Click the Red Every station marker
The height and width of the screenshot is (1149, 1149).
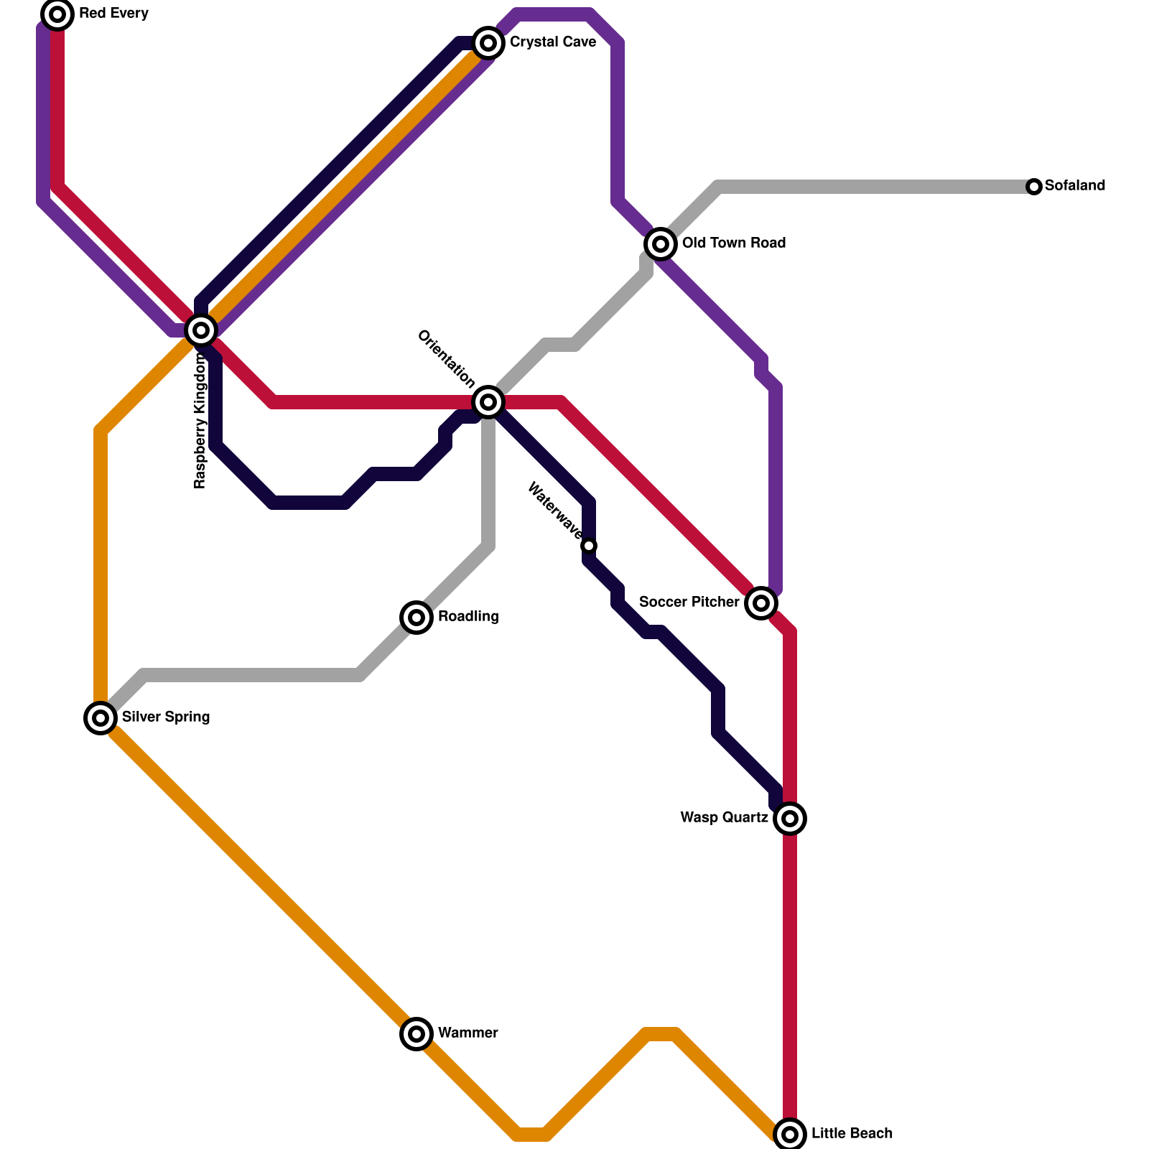[57, 14]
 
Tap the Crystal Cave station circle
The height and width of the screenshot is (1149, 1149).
[488, 43]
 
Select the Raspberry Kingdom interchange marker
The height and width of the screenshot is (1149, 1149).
[201, 330]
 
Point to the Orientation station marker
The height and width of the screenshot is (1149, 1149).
[488, 402]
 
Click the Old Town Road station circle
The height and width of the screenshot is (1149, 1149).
[661, 244]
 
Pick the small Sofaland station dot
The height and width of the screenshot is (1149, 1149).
[1034, 187]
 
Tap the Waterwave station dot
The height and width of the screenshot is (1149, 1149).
[589, 546]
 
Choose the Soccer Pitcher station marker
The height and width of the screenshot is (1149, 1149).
[761, 603]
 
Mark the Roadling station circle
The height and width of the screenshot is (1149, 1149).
[417, 618]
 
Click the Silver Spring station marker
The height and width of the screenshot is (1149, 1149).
[101, 718]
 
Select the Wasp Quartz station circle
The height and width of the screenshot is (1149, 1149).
[790, 819]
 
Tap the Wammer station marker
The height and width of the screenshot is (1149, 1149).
[417, 1034]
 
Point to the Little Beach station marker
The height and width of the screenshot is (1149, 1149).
[790, 1135]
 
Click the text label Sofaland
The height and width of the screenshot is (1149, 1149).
[1075, 186]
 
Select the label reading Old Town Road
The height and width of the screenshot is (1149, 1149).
[734, 243]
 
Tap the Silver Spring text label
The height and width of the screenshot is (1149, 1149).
[166, 717]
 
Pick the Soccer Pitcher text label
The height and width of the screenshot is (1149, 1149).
[689, 603]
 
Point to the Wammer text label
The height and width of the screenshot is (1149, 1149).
[468, 1033]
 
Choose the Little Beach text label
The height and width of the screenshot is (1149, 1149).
[852, 1134]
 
